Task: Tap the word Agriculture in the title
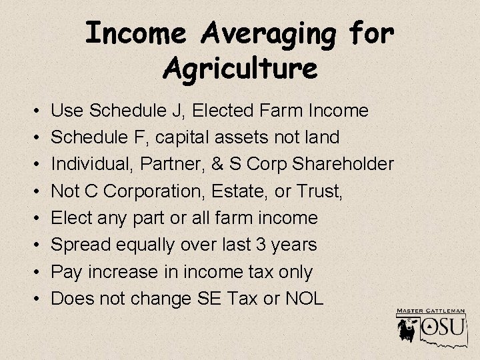[x=240, y=67]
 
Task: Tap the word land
[x=320, y=137]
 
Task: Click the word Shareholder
[x=339, y=164]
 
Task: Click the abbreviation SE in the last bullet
[x=204, y=298]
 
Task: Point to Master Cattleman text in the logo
[x=431, y=311]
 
